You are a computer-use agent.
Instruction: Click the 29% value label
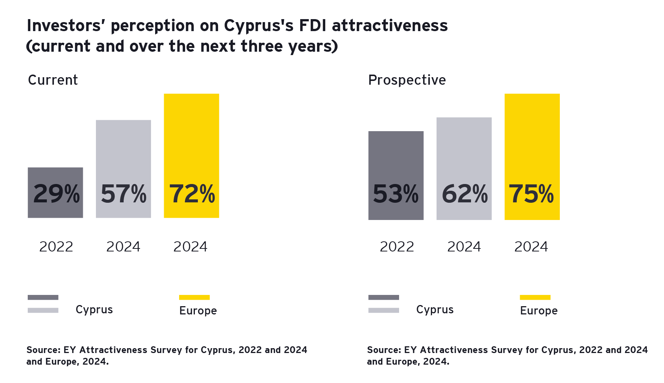pos(56,194)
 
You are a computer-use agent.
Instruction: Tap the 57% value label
pos(124,194)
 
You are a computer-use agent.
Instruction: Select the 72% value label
pos(192,194)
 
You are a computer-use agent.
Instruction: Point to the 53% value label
pos(396,194)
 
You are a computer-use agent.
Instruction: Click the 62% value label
pos(465,194)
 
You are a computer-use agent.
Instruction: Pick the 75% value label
pos(531,194)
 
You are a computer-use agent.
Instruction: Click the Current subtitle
pos(53,80)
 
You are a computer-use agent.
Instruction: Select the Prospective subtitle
pos(407,80)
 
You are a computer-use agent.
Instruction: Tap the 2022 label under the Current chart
pos(56,247)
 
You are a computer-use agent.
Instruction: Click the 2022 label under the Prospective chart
pos(397,247)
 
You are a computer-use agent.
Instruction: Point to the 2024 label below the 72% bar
pos(190,247)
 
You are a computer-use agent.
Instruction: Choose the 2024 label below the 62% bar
pos(464,247)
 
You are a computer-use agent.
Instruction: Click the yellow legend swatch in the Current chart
pos(194,298)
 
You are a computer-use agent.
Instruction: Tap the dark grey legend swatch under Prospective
pos(383,298)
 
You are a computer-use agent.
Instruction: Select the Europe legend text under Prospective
pos(539,311)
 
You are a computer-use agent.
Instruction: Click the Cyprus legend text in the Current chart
pos(94,310)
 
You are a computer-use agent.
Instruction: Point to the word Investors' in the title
pos(66,25)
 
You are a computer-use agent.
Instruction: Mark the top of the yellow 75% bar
pos(532,94)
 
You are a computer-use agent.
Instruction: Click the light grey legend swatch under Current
pos(43,310)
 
